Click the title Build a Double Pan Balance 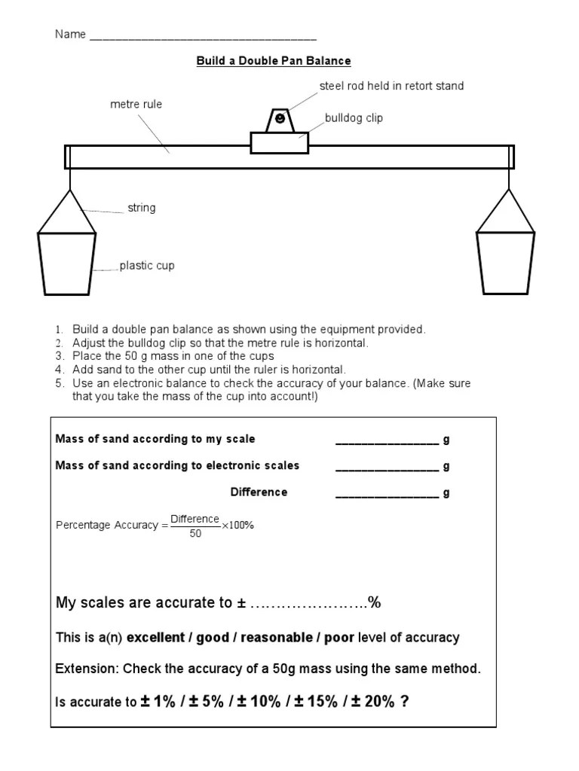click(x=274, y=60)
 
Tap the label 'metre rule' click(x=136, y=105)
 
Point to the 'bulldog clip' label click(x=354, y=119)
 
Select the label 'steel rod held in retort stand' click(x=391, y=86)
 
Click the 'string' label click(x=141, y=208)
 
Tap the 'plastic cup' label click(x=147, y=266)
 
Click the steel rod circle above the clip click(x=280, y=119)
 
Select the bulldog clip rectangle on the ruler click(x=280, y=142)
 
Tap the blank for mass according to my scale click(x=387, y=440)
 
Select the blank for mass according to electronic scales click(x=387, y=467)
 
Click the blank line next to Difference click(x=387, y=493)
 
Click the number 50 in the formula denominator click(x=195, y=534)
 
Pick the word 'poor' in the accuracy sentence click(x=339, y=638)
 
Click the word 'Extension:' click(x=87, y=669)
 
